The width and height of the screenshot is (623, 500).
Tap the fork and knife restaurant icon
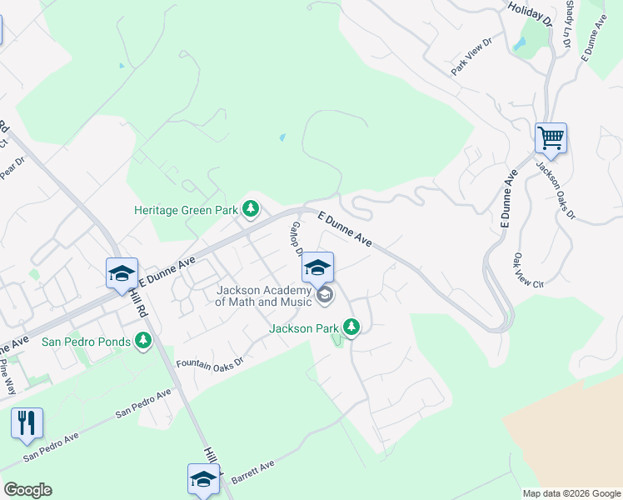[x=27, y=423]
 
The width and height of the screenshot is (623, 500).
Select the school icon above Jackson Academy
[x=317, y=267]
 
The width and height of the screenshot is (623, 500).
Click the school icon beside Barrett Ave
[x=203, y=479]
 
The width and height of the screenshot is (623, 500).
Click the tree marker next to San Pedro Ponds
[x=143, y=340]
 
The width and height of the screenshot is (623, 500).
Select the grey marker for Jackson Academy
[x=325, y=294]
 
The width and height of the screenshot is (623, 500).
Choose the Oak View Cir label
[x=528, y=270]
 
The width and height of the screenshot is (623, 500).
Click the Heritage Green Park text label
[x=187, y=211]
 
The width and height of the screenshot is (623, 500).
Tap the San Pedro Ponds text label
[x=87, y=342]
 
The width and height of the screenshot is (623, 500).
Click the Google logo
[x=27, y=490]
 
